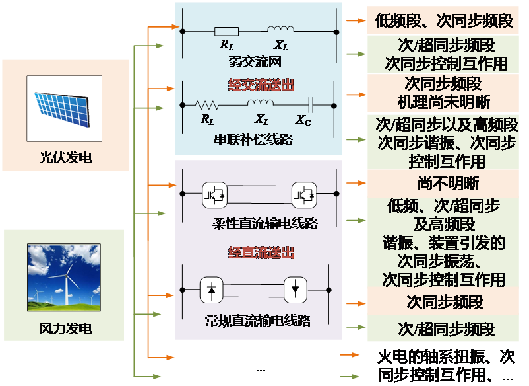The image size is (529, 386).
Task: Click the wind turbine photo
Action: pyautogui.click(x=63, y=277)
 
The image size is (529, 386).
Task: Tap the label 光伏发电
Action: pyautogui.click(x=65, y=158)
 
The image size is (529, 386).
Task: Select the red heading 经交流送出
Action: pyautogui.click(x=261, y=85)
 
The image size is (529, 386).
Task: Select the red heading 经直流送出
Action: pyautogui.click(x=261, y=252)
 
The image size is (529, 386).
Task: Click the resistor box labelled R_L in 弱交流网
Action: pyautogui.click(x=226, y=30)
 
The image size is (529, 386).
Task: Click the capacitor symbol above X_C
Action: pyautogui.click(x=311, y=104)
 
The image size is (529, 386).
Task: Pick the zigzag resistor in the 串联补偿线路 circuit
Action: pyautogui.click(x=207, y=104)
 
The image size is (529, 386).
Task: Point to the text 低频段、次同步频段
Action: pyautogui.click(x=444, y=20)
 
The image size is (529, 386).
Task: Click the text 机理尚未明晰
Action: pyautogui.click(x=443, y=102)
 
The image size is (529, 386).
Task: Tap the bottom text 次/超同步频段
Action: pyautogui.click(x=446, y=328)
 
